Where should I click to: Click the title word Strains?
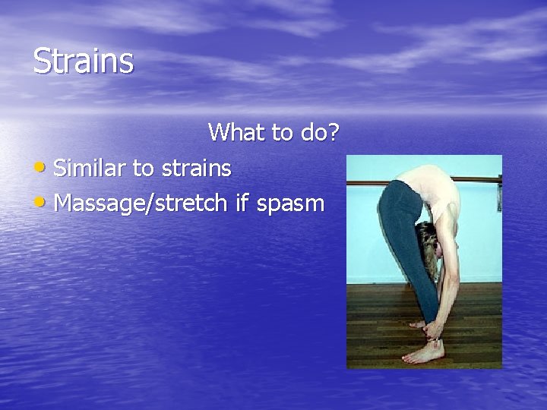[x=84, y=61]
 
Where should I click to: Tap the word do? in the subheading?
[x=319, y=132]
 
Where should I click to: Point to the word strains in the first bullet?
[x=194, y=168]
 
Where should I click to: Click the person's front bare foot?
[x=421, y=354]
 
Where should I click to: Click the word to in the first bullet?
[x=143, y=168]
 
